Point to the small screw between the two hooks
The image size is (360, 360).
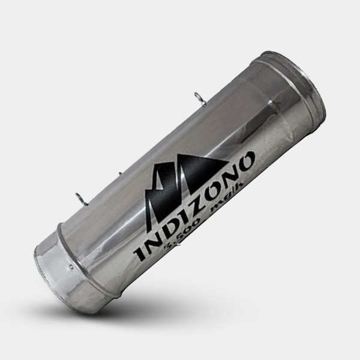pos(120,174)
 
